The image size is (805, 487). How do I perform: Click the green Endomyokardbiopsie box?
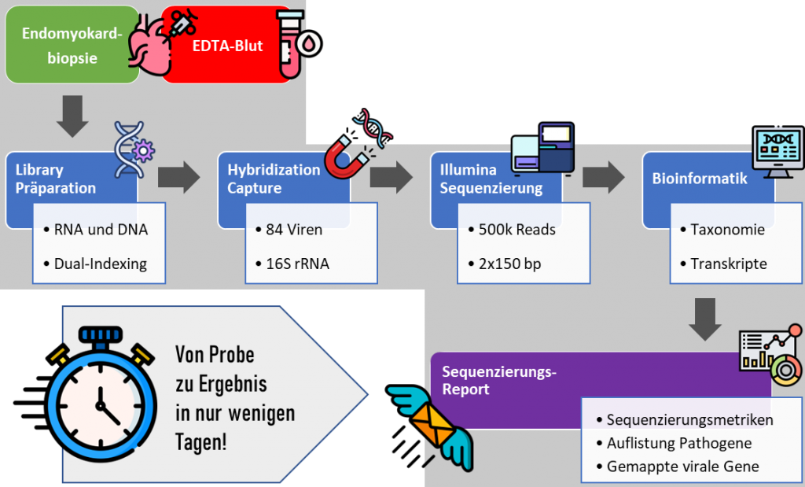[x=71, y=46]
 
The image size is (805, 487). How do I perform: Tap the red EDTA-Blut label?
[x=227, y=46]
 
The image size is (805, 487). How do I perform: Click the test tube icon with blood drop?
[x=296, y=43]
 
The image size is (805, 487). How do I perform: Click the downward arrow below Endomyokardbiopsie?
[x=72, y=115]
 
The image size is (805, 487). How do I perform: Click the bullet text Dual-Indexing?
[x=100, y=264]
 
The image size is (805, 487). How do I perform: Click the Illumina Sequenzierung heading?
[x=480, y=179]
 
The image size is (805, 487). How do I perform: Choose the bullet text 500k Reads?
[x=516, y=230]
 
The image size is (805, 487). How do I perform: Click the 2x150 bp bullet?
[x=509, y=264]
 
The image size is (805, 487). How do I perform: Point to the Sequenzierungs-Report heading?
[x=499, y=380]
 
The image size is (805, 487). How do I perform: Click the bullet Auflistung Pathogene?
[x=679, y=443]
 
